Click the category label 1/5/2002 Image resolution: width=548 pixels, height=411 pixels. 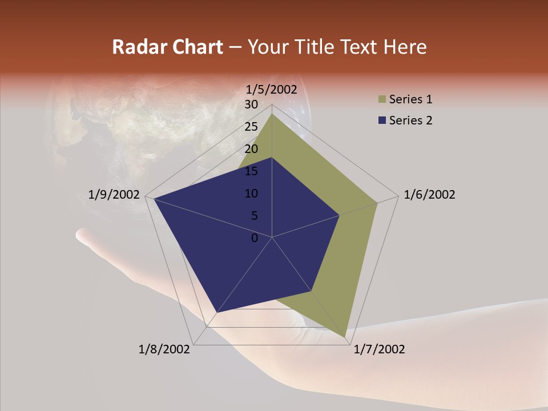pos(272,90)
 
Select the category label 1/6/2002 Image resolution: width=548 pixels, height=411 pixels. pos(429,195)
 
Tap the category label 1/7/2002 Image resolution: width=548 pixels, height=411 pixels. pos(379,349)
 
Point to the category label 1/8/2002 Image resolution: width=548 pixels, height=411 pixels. pos(164,349)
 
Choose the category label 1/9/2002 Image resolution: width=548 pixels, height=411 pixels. pos(114,195)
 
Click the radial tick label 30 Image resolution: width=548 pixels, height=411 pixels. pos(251,104)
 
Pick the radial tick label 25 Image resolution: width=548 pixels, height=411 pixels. pos(251,127)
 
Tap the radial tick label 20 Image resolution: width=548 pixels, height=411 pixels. pos(251,149)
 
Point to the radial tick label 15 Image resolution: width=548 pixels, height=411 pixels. pos(251,171)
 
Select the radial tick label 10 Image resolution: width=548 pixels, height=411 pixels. pos(251,194)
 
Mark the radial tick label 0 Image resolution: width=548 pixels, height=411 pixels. pos(255,238)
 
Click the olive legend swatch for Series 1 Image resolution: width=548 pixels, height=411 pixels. pos(381,100)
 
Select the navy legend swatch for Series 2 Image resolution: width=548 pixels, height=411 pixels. pos(381,120)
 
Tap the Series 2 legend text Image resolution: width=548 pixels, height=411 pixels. pos(411,120)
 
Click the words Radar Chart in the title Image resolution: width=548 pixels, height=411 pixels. pos(167,47)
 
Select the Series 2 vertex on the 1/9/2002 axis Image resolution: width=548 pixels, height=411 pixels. pos(154,199)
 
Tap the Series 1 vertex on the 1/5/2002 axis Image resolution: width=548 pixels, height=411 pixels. pos(272,114)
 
